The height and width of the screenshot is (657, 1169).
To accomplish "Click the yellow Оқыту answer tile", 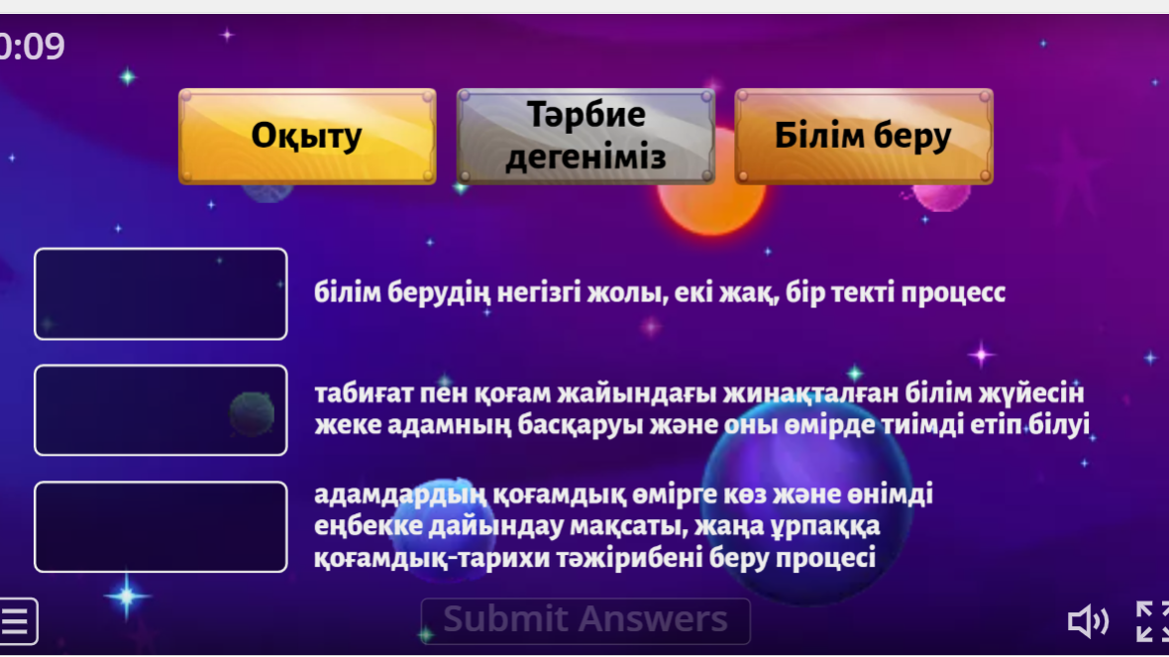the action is coord(307,137).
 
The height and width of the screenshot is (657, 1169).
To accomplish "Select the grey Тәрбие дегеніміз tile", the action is coord(586,137).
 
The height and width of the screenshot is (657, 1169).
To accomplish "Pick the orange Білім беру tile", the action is coord(863,137).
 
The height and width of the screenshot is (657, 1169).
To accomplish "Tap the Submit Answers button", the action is coord(585,620).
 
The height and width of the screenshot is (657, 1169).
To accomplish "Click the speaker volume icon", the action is coord(1088,621).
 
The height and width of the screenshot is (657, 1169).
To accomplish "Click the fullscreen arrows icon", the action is coord(1152,621).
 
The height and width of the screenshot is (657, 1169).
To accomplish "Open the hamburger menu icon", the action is coord(17,620).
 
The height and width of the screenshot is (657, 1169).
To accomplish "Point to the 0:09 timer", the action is coord(32,47).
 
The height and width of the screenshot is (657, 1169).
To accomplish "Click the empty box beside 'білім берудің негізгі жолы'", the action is coord(160,294).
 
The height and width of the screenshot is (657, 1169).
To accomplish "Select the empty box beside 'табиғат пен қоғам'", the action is coord(160,410).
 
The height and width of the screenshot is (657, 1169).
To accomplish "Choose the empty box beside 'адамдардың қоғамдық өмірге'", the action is coord(160,526).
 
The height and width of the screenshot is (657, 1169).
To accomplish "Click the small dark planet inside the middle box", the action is coord(252,414).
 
